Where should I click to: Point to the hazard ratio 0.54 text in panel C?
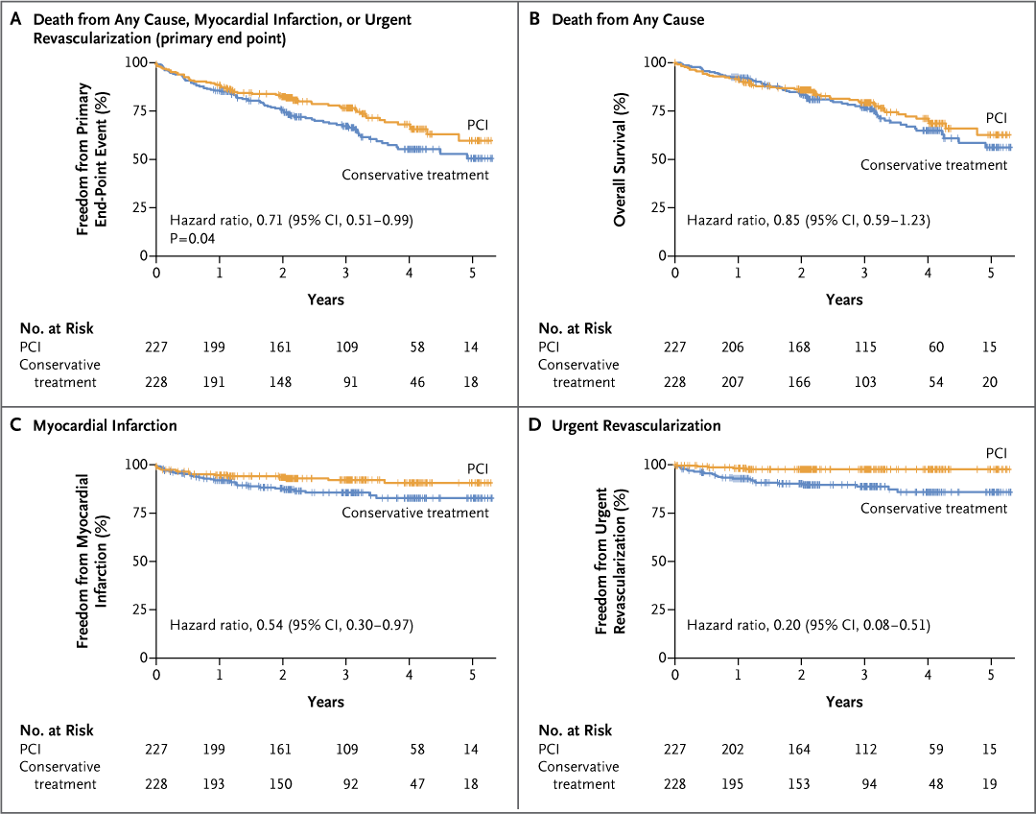point(290,625)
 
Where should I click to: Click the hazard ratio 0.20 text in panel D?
point(809,625)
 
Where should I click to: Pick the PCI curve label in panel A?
point(477,126)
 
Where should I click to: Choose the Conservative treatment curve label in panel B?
point(933,165)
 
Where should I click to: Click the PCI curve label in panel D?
point(997,452)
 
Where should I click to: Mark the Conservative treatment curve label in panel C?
point(415,513)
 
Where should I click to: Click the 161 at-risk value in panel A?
point(282,346)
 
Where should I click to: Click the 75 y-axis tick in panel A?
point(139,110)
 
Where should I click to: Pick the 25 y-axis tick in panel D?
point(659,610)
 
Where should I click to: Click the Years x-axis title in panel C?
point(326,702)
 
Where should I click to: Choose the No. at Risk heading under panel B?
point(575,327)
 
